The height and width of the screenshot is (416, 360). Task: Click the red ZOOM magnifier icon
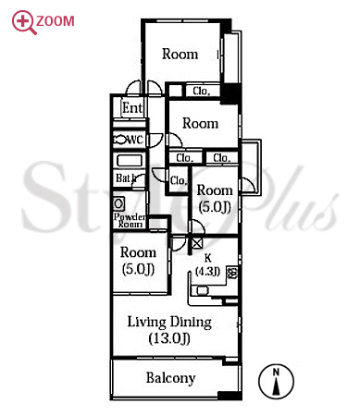[x=24, y=22]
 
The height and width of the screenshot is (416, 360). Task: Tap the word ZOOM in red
[x=56, y=21]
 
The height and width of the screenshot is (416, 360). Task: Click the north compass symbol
[x=276, y=381]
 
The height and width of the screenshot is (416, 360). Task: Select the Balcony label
[x=170, y=378]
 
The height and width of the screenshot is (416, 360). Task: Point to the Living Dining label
[x=169, y=323]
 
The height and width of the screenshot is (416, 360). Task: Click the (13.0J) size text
[x=169, y=338]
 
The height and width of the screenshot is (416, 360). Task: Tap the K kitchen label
[x=208, y=258]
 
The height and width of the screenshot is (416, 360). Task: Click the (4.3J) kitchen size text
[x=208, y=271]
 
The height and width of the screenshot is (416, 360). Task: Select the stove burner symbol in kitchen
[x=232, y=273]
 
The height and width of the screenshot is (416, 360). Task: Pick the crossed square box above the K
[x=197, y=243]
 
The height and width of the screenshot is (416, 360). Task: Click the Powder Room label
[x=130, y=220]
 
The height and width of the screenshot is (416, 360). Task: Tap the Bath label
[x=126, y=178]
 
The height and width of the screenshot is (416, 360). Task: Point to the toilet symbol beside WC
[x=120, y=140]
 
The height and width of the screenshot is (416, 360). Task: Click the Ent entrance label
[x=132, y=108]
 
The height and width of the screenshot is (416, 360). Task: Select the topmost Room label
[x=180, y=54]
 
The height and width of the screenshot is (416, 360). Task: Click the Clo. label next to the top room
[x=202, y=91]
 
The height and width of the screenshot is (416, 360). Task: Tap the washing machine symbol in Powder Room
[x=118, y=203]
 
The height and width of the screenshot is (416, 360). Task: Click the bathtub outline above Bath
[x=130, y=161]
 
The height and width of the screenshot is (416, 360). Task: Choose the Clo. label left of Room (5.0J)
[x=179, y=180]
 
